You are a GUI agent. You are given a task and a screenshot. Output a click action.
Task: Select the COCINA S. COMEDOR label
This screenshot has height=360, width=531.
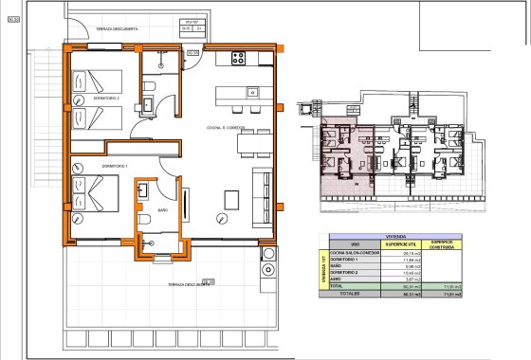[x=226, y=127]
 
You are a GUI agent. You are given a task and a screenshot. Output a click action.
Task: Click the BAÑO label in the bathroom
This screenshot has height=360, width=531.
[x=162, y=209]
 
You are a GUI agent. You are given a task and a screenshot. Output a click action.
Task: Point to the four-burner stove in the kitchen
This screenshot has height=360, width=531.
[x=237, y=58]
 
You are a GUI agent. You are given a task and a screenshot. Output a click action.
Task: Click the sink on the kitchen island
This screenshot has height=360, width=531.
[x=252, y=93]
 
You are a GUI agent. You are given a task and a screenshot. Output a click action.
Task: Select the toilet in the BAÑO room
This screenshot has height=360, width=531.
[x=143, y=220]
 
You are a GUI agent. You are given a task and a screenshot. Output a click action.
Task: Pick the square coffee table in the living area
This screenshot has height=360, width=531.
[x=231, y=199]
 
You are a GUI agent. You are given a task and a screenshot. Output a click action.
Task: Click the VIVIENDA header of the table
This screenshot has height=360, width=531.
[x=396, y=236]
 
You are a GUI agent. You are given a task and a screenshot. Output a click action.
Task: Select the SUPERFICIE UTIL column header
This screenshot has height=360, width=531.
[x=396, y=244]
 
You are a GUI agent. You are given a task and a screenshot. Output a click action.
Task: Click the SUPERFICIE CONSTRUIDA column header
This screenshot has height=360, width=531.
[x=442, y=244]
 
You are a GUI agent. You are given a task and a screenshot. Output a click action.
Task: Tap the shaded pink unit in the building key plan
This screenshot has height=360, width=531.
[x=341, y=152]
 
